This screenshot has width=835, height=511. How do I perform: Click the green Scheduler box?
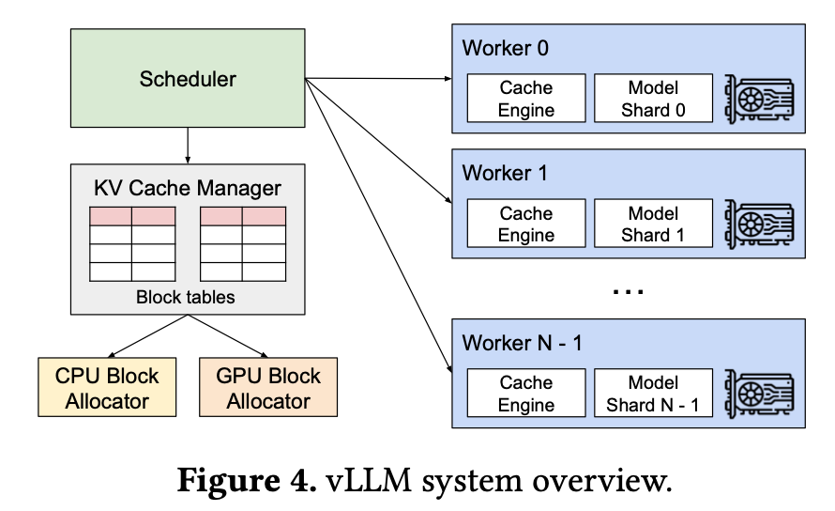188,79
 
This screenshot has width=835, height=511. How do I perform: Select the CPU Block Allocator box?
107,388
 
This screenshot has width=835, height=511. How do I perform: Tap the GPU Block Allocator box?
268,388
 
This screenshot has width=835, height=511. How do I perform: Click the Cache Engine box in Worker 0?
526,99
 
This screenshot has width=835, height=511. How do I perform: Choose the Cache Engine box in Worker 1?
526,225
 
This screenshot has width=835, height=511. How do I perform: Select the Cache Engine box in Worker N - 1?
526,394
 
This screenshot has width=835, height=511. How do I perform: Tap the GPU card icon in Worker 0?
759,99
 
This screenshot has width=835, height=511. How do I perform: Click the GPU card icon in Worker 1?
759,225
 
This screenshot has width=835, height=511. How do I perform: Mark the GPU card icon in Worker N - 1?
759,394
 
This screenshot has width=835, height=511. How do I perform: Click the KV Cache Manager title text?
188,188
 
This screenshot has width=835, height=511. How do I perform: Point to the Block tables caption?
188,298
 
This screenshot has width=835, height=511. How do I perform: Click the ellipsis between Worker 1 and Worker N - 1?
628,291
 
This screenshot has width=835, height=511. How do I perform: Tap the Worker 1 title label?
505,174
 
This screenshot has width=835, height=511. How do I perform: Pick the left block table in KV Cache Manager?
132,243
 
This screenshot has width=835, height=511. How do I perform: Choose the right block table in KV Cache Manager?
243,243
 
